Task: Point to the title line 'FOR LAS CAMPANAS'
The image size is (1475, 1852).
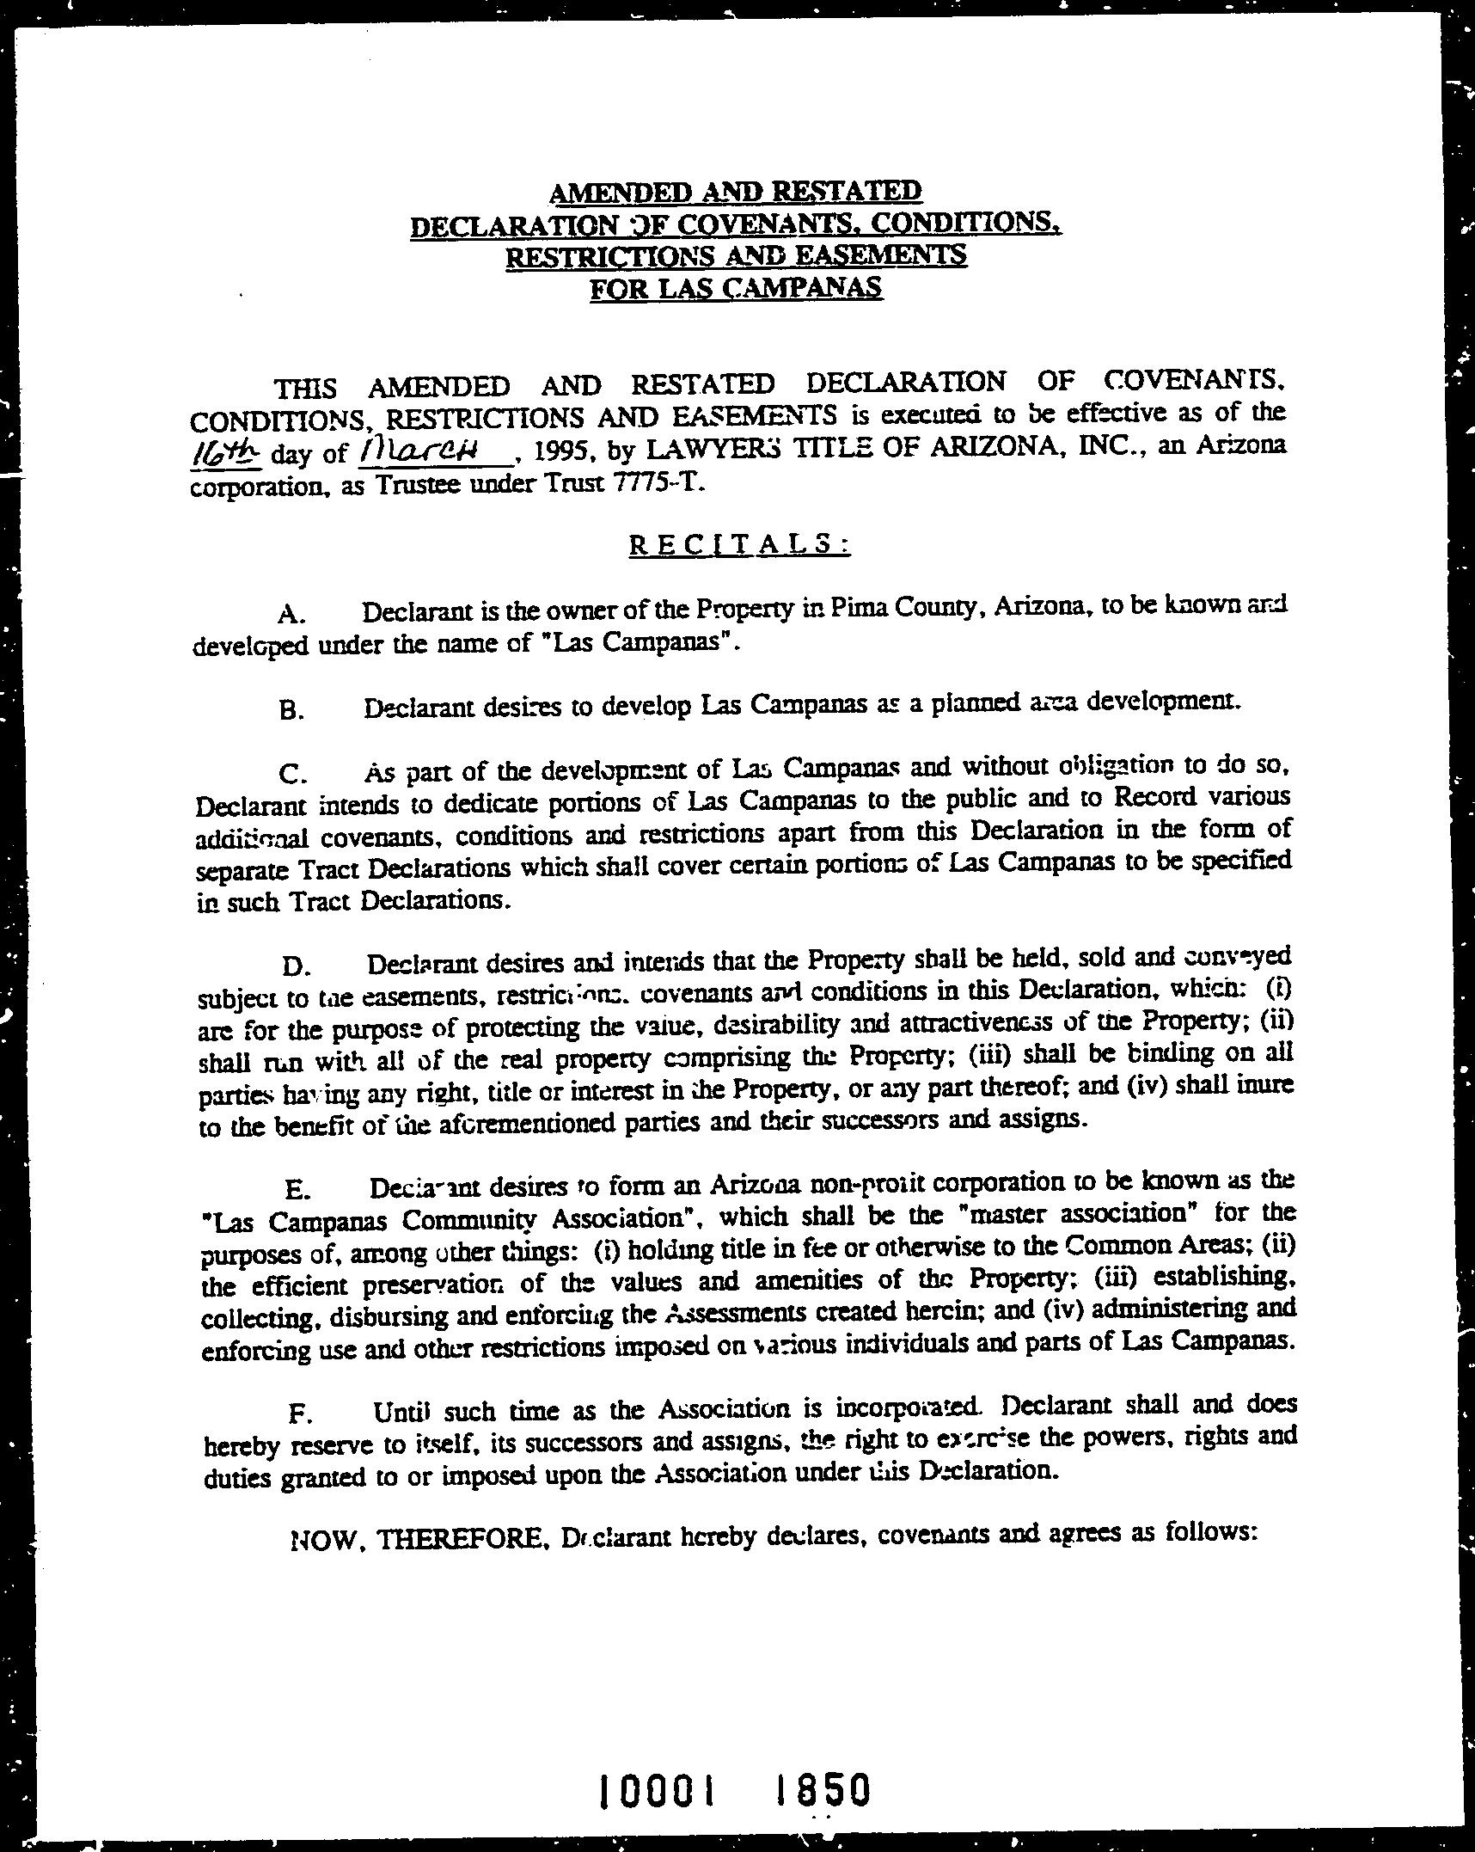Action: click(x=736, y=286)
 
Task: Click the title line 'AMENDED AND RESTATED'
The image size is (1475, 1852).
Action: click(x=736, y=190)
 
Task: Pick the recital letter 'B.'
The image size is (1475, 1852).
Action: click(x=292, y=711)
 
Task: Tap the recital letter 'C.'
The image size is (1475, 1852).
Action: click(x=293, y=774)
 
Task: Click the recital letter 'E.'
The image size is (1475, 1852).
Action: click(x=297, y=1190)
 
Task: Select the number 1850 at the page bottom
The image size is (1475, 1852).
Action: click(x=822, y=1788)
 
